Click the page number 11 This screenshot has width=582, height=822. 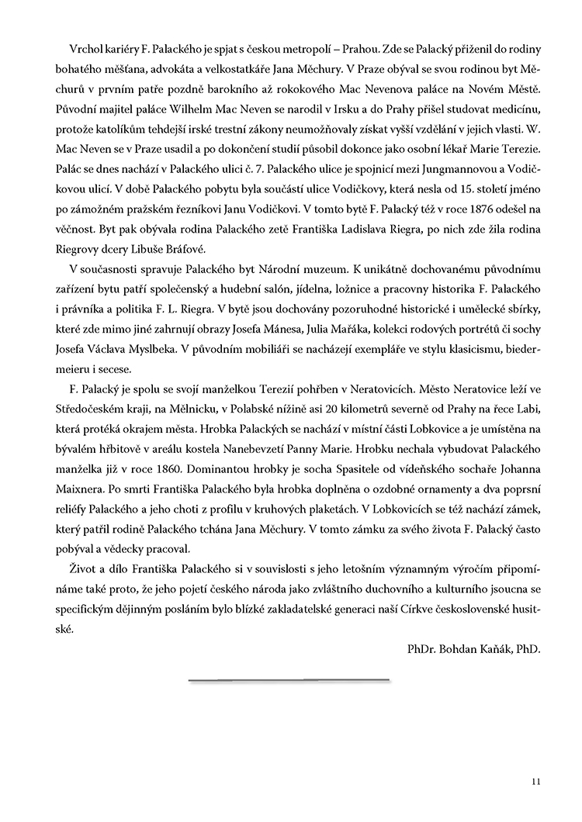[x=536, y=782]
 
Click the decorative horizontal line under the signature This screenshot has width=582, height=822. [x=289, y=681]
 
